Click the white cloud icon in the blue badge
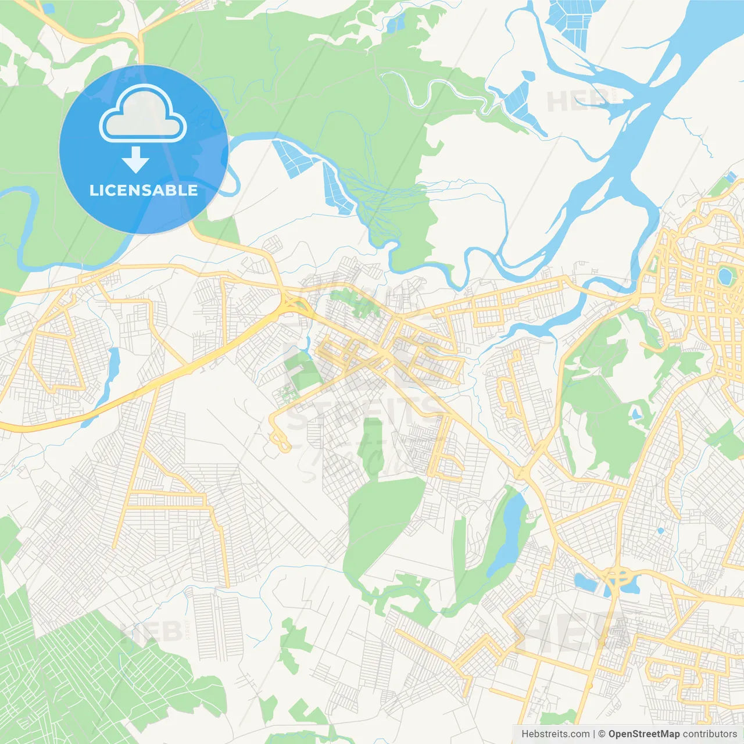tap(143, 115)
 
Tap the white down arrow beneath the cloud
tap(136, 160)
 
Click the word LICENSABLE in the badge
tap(144, 190)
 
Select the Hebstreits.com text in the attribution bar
tap(555, 734)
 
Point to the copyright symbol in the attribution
tap(602, 734)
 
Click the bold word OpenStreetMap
tap(643, 734)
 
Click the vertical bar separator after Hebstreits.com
tap(594, 734)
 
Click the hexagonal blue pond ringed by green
tap(725, 276)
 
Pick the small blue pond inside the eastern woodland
tap(636, 414)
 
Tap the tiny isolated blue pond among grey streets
tap(660, 530)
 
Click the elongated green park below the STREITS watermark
tap(370, 445)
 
